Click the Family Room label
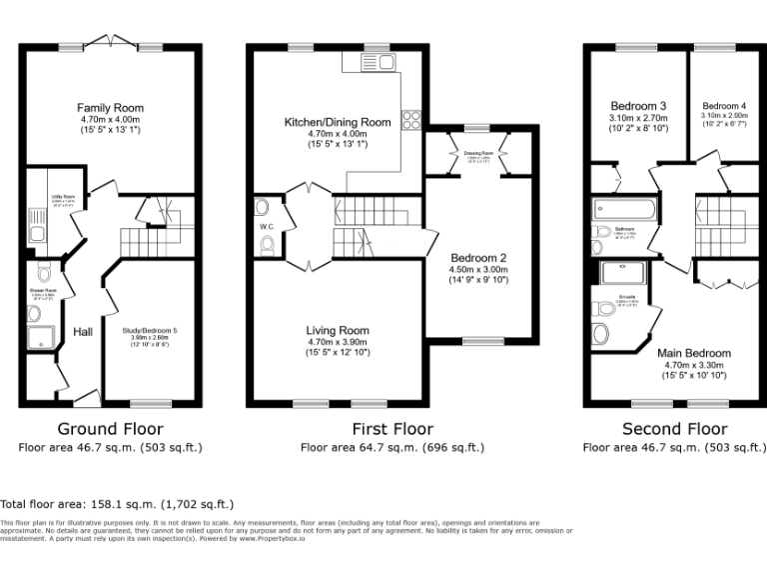[x=110, y=108]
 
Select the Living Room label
[x=338, y=330]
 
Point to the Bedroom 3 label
[x=638, y=106]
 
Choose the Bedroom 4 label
[x=723, y=106]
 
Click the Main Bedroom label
[x=693, y=353]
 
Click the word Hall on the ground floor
[x=83, y=332]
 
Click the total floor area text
[x=117, y=504]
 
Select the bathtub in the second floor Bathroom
[x=623, y=210]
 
